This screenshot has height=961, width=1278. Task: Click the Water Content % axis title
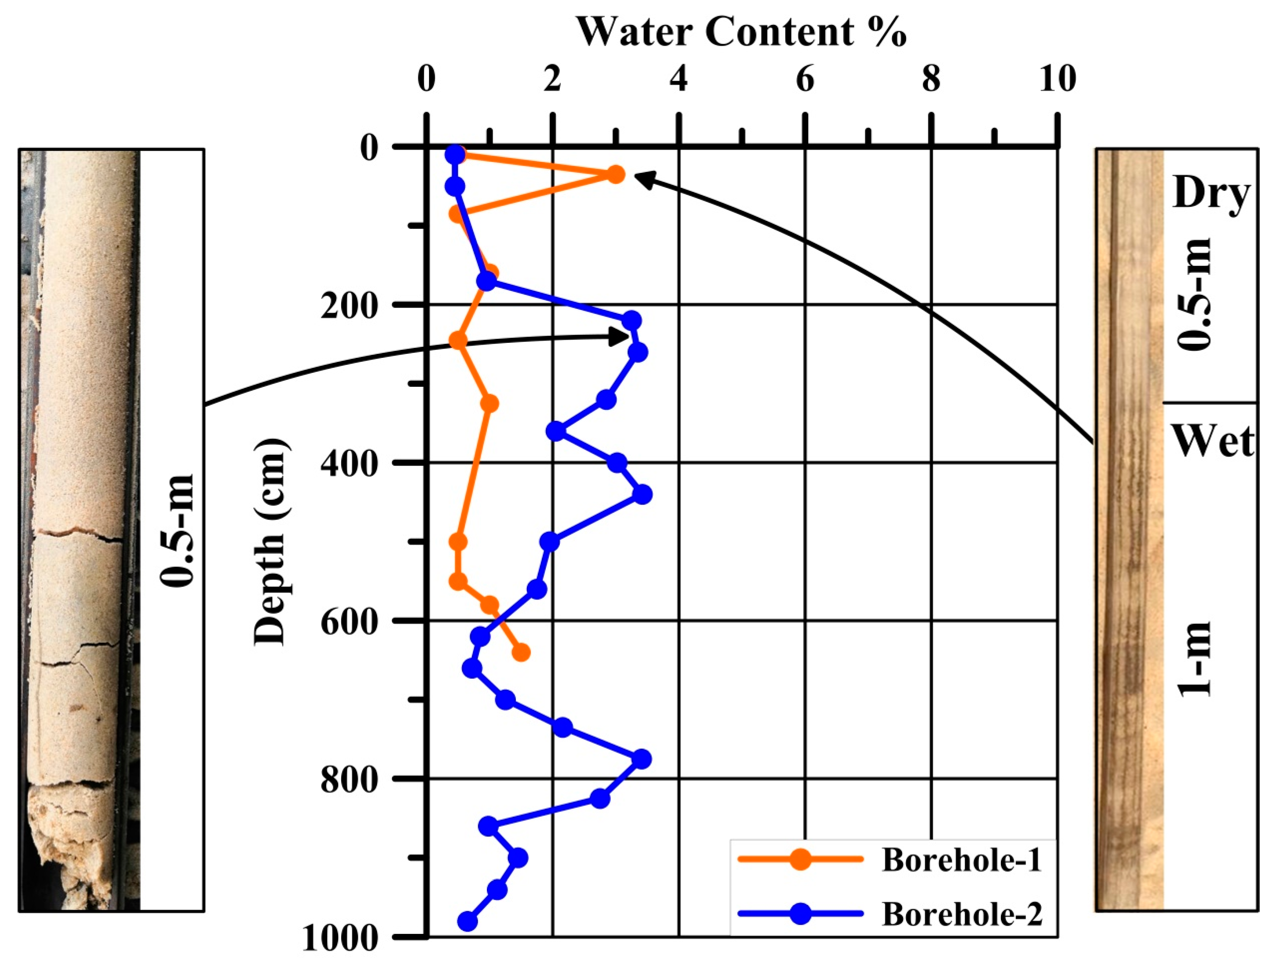741,32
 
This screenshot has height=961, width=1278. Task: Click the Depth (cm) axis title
270,541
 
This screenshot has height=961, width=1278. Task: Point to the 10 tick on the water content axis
1057,79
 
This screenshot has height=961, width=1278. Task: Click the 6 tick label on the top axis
805,79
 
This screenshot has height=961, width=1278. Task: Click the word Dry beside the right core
1211,194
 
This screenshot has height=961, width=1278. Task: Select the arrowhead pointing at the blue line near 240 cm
622,336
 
